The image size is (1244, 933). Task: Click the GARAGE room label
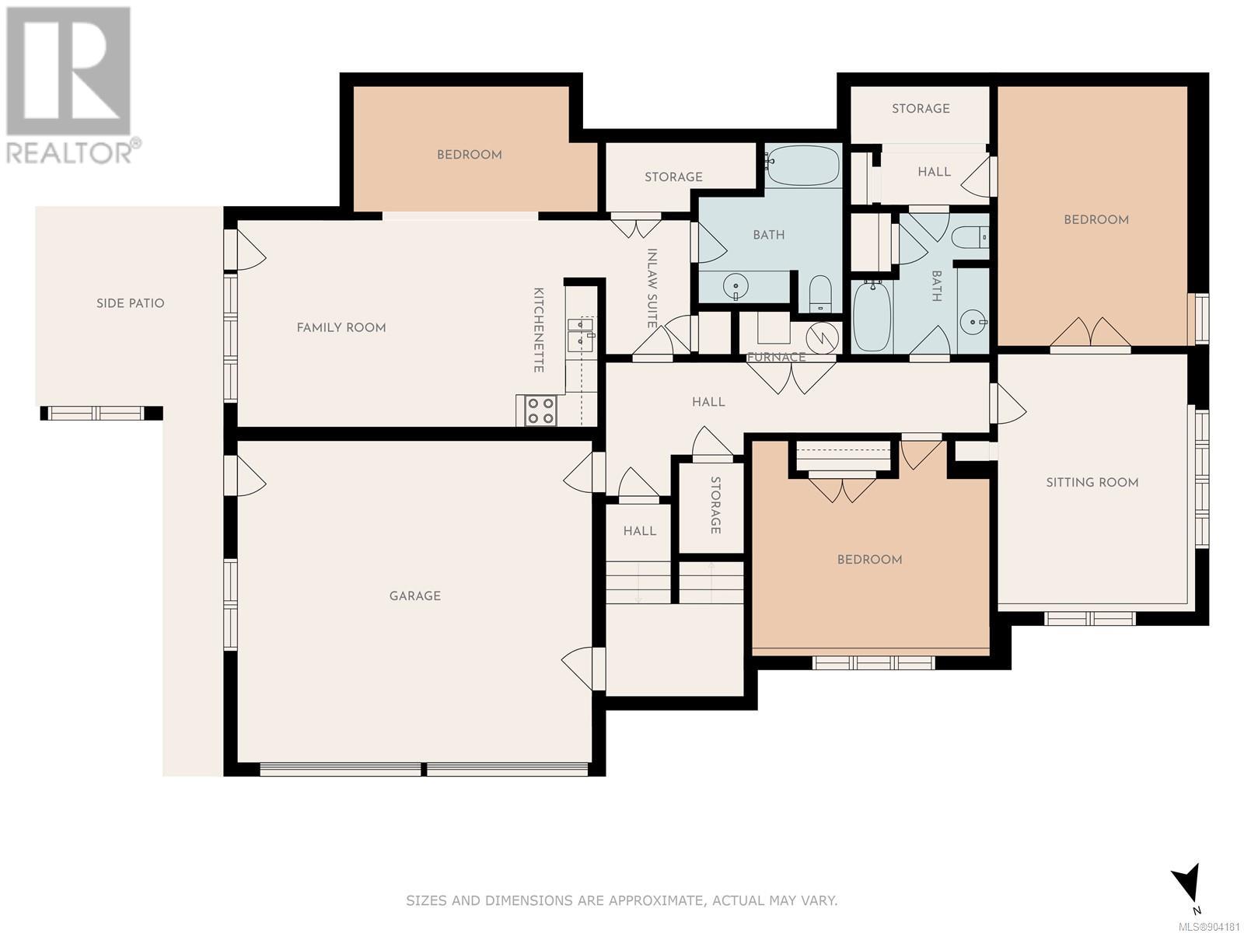point(415,596)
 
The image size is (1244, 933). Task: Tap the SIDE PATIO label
point(131,303)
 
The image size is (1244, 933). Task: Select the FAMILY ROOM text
point(341,327)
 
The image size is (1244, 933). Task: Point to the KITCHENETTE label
point(538,330)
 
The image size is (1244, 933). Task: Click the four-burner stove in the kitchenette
point(540,411)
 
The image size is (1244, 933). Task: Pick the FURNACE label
point(777,358)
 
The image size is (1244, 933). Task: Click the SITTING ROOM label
point(1092,483)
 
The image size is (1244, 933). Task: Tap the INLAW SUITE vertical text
point(652,288)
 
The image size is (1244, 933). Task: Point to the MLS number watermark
point(1210,927)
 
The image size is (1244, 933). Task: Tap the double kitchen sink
point(581,333)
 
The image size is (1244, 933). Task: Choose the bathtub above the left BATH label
point(803,165)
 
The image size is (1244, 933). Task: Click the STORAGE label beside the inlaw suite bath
point(673,177)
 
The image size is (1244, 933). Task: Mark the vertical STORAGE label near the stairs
point(716,505)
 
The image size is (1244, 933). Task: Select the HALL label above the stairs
point(640,531)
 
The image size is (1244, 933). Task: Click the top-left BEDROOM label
point(470,155)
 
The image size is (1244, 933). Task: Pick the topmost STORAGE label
point(921,109)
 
